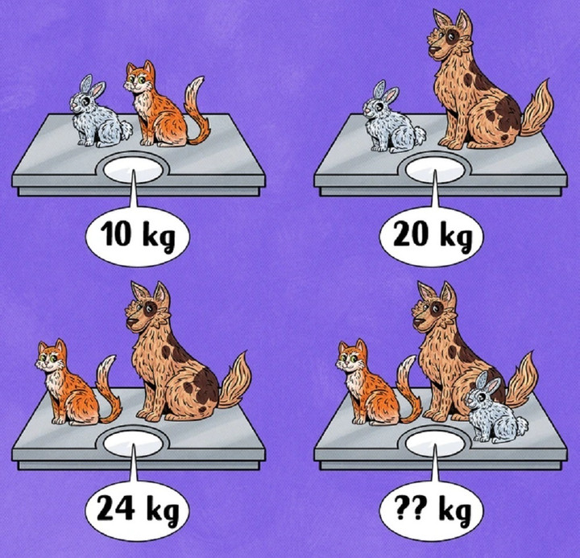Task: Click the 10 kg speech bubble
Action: point(137,236)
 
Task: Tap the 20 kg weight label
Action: point(431,236)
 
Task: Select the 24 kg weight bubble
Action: point(137,510)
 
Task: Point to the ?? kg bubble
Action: point(431,510)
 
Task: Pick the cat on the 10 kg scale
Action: point(163,105)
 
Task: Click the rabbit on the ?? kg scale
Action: point(495,408)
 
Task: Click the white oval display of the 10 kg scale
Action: point(133,170)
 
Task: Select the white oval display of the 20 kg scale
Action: point(435,170)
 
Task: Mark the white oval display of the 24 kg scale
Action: point(133,444)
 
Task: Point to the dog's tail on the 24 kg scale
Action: point(235,381)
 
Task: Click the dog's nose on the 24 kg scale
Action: point(131,321)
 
